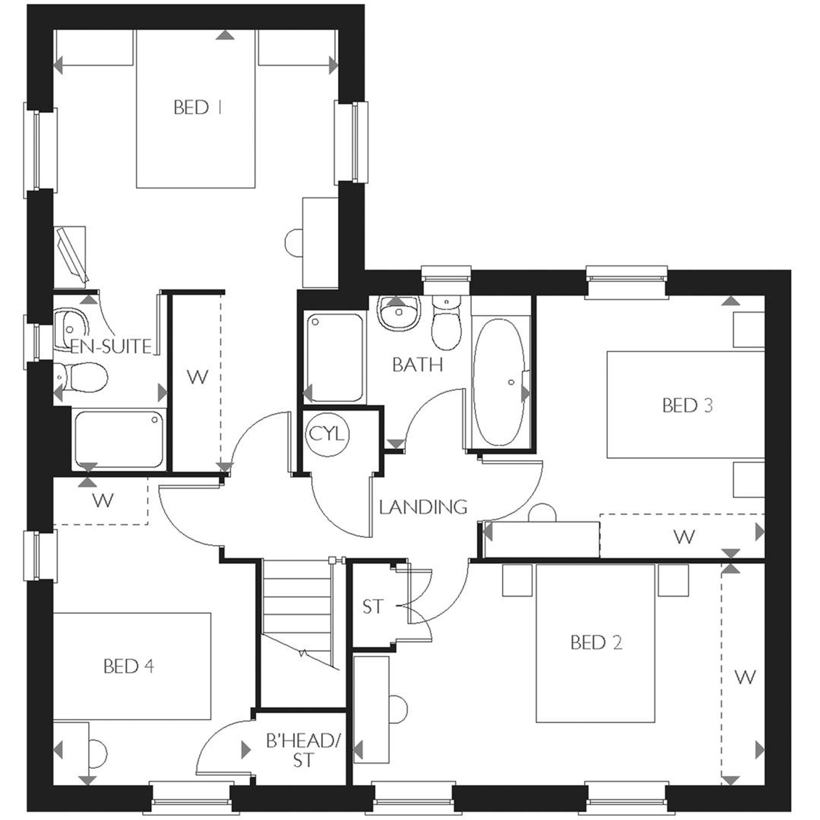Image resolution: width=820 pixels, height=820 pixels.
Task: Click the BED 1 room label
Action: tap(198, 107)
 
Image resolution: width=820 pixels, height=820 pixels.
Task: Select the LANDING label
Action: tap(423, 507)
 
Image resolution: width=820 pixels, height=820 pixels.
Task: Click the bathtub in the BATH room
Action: tap(499, 382)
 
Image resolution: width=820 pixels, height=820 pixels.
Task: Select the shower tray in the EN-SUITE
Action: tap(118, 440)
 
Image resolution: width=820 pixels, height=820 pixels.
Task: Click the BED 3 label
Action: tap(687, 405)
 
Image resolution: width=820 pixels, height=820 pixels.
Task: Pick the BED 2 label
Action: tap(596, 642)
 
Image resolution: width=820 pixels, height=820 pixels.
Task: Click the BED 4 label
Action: tap(129, 666)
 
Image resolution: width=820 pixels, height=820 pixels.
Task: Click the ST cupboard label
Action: tap(373, 607)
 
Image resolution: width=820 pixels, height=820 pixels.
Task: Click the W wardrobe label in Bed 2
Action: tap(745, 688)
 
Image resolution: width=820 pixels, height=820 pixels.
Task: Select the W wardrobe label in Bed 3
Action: tap(684, 537)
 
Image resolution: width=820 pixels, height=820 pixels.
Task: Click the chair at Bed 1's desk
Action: tap(293, 243)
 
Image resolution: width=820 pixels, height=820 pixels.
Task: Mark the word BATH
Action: tap(417, 365)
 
